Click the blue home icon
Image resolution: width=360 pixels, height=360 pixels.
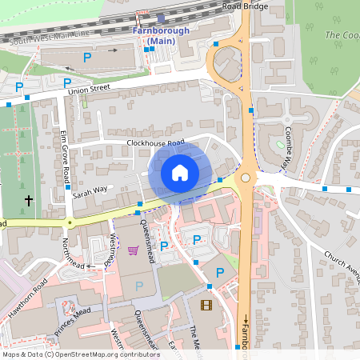[x=179, y=172]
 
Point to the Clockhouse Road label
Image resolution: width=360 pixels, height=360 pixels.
[x=155, y=143]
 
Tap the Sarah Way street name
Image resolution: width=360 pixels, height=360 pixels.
[x=90, y=191]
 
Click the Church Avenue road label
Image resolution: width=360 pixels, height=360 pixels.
[x=342, y=267]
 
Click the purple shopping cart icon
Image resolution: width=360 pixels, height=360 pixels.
[x=133, y=250]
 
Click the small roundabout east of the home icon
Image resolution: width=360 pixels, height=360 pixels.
[x=246, y=178]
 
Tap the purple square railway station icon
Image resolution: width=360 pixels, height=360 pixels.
[x=162, y=18]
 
